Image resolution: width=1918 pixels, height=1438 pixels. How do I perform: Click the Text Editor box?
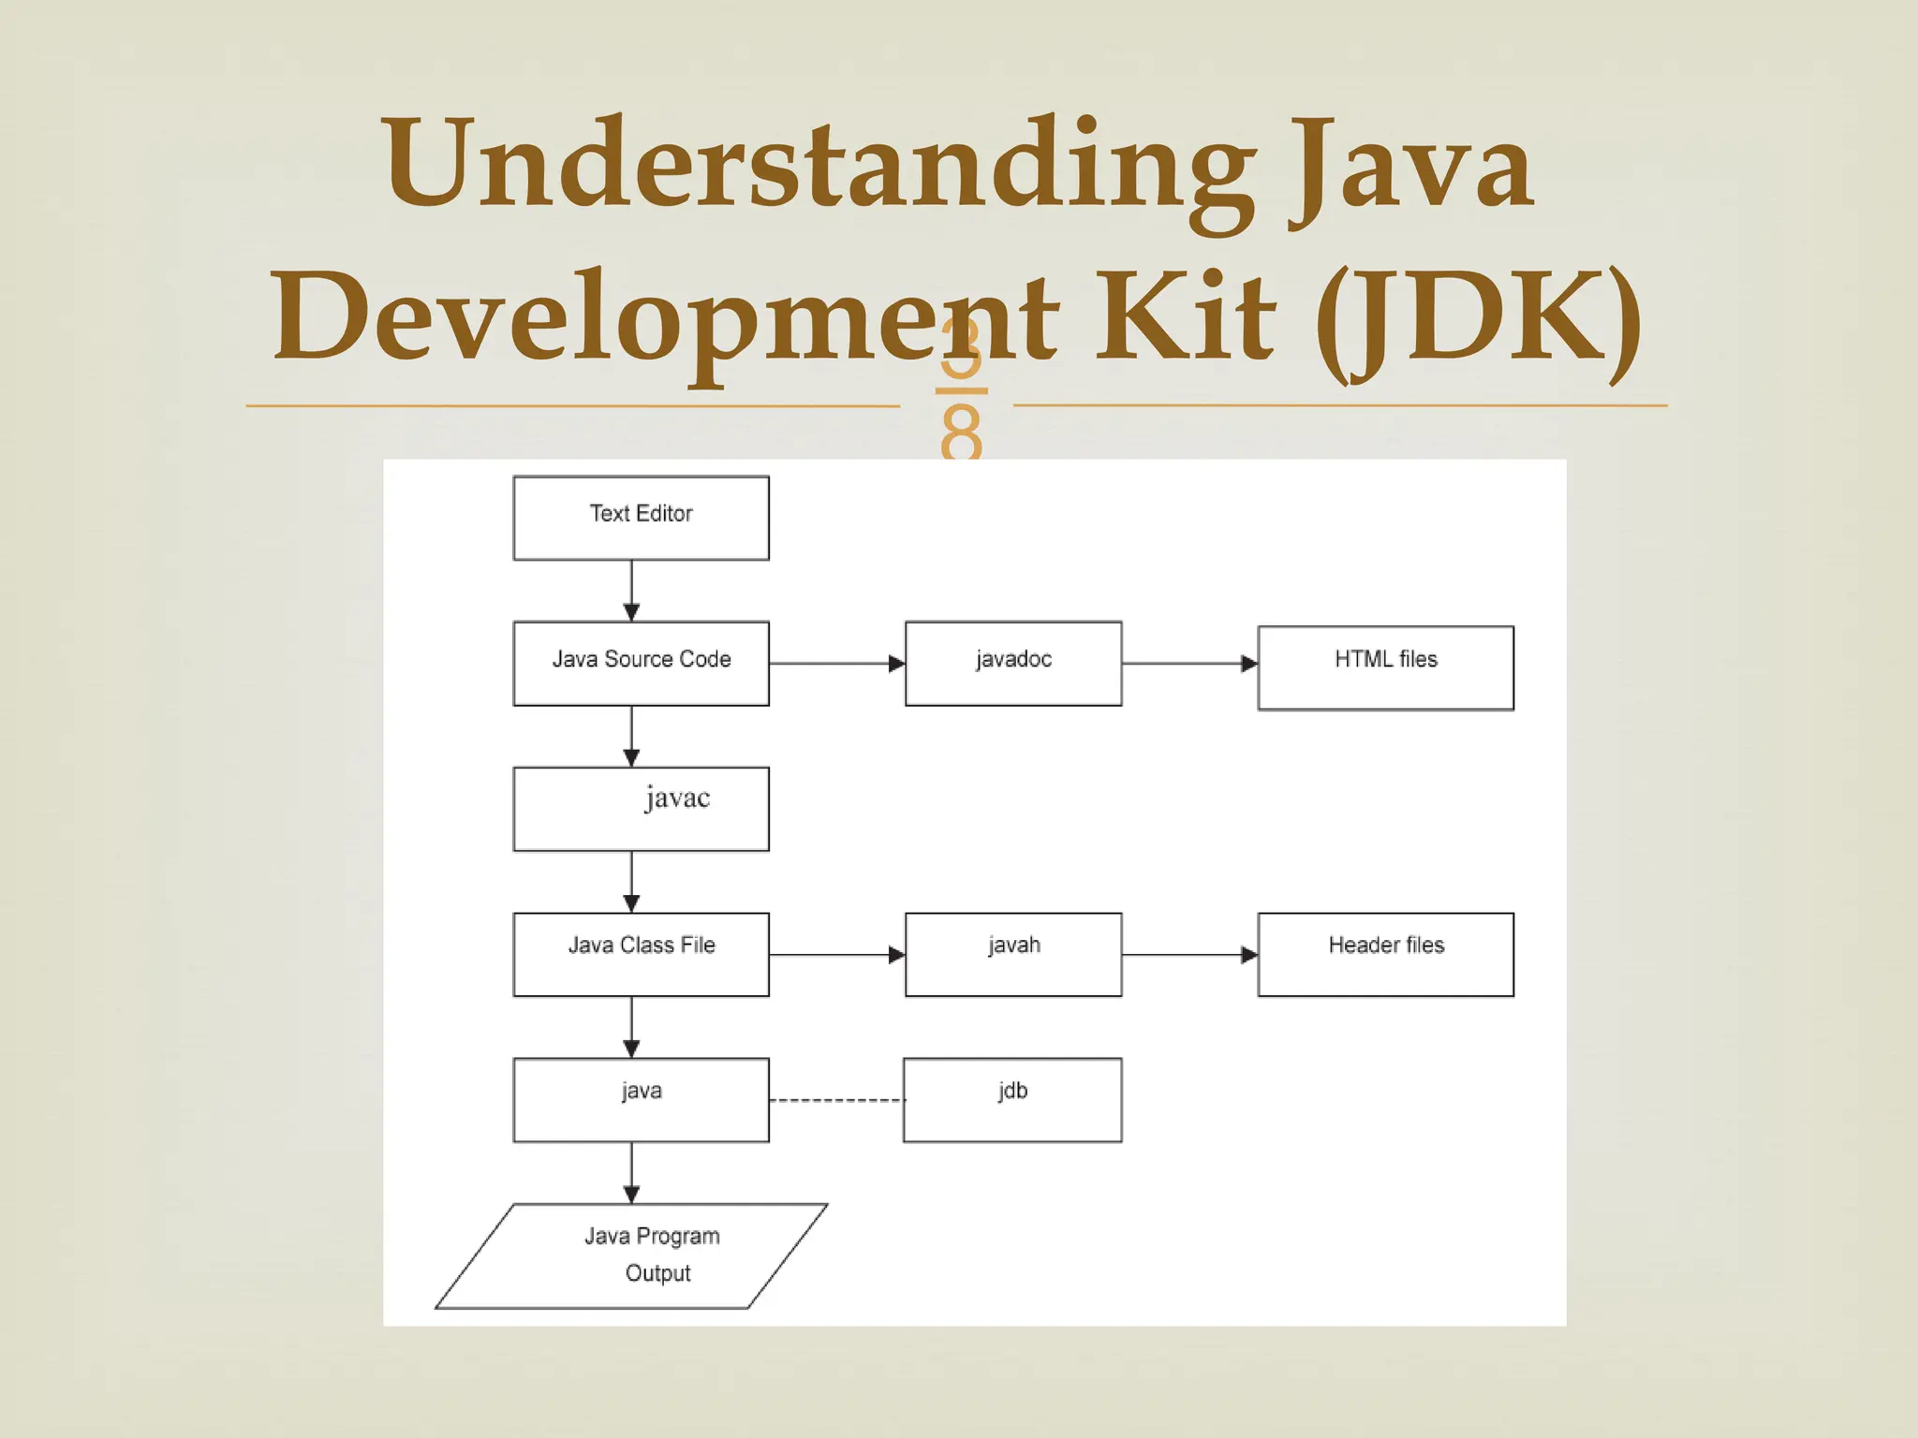(641, 518)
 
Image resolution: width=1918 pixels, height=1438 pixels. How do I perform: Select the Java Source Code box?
(641, 663)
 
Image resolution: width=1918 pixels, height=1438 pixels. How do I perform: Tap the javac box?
(641, 809)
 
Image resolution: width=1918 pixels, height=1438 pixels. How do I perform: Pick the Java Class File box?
(641, 954)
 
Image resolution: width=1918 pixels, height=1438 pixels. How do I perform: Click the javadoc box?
(1013, 663)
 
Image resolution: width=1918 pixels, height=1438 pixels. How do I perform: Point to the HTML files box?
(1385, 668)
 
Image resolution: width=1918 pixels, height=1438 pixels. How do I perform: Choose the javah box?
(1013, 954)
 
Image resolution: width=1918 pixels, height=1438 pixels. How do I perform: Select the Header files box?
(1385, 954)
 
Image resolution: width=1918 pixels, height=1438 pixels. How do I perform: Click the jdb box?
(1012, 1100)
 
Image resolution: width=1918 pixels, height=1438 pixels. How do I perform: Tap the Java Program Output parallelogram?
(632, 1255)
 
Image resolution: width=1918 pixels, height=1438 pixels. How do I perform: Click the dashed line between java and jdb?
(836, 1100)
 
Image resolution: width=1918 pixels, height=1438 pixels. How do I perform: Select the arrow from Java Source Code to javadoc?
(836, 664)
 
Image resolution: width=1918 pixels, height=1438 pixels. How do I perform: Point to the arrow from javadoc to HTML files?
(1189, 664)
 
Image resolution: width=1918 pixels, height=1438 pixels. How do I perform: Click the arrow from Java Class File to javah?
(836, 955)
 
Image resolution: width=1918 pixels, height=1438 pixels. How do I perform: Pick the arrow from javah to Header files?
(1189, 955)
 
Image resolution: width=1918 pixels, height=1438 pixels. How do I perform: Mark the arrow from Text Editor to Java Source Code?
(631, 591)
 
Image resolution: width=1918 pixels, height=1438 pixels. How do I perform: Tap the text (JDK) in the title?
(1479, 318)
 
